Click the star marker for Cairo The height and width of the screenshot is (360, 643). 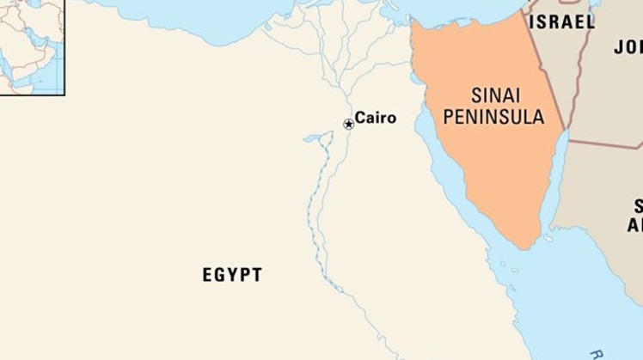coord(348,125)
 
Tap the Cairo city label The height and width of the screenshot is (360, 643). coord(376,119)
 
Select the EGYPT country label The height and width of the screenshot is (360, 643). coord(232,276)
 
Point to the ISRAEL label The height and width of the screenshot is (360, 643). coord(561,23)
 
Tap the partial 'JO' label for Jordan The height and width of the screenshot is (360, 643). coord(628,47)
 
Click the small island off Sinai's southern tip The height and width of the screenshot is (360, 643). coord(548,239)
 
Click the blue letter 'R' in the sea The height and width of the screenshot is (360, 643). coord(596,353)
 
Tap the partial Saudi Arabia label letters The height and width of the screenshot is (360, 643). coord(637,215)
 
